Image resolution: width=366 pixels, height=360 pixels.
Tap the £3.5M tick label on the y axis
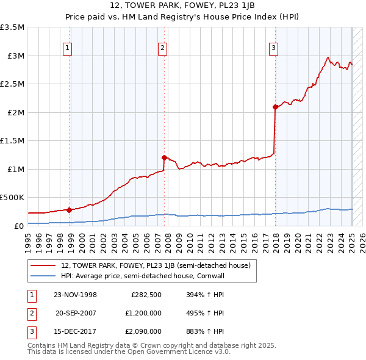coord(12,27)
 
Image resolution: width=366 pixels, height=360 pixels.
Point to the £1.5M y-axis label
coord(12,141)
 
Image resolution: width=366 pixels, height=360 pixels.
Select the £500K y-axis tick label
coord(12,198)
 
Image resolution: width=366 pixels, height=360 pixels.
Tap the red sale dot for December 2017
coord(276,107)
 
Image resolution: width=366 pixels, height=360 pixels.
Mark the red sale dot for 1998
coord(70,209)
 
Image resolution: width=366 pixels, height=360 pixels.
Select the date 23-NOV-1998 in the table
coord(76,295)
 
